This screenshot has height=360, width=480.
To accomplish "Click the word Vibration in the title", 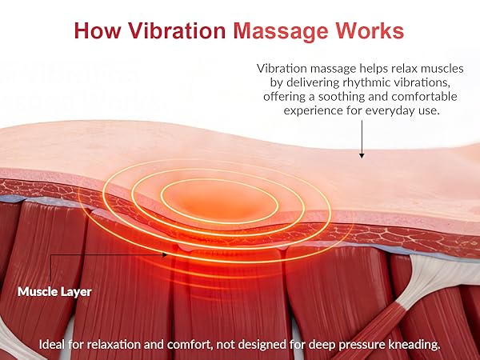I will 177,31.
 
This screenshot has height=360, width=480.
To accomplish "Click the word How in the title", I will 98,31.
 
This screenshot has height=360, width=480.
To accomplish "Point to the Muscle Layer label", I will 54,292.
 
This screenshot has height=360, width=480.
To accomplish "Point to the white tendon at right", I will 419,288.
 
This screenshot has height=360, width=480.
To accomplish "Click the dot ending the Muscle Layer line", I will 166,254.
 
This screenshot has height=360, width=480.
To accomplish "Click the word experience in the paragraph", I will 314,110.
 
